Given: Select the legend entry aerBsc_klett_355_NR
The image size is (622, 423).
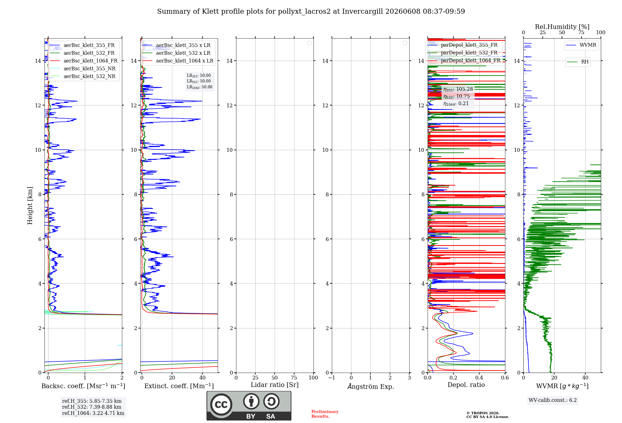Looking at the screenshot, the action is coord(82,69).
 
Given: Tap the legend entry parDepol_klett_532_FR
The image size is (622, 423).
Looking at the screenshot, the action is coord(463,53).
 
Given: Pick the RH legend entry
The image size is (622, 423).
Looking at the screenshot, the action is coord(578,62).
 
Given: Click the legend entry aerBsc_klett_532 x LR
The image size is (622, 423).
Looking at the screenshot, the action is coord(176,53).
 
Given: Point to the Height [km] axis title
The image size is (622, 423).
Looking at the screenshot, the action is coord(30,206).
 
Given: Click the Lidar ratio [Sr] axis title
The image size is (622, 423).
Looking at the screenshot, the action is coord(275,385).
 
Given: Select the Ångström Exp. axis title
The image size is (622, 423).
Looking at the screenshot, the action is coord(371,386).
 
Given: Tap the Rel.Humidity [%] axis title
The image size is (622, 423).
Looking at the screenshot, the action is coord(562,27).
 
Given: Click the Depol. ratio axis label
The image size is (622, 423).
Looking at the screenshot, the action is coord(466,385).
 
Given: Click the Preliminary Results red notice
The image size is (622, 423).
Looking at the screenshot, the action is coord(325,414).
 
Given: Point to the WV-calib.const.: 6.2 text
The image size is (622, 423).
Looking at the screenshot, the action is coord(553,400).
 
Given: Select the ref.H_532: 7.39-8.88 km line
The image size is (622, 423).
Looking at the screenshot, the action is coord(92,407).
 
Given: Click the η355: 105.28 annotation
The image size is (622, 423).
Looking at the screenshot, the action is coord(458,89).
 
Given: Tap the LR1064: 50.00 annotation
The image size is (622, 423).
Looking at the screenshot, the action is coord(199,87).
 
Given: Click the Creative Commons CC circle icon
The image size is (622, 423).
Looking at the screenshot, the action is coord(221,405).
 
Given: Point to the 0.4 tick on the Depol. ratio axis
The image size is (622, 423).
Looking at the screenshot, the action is coord(479,378).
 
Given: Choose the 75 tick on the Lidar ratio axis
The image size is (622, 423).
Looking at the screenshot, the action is coord(294,378).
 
